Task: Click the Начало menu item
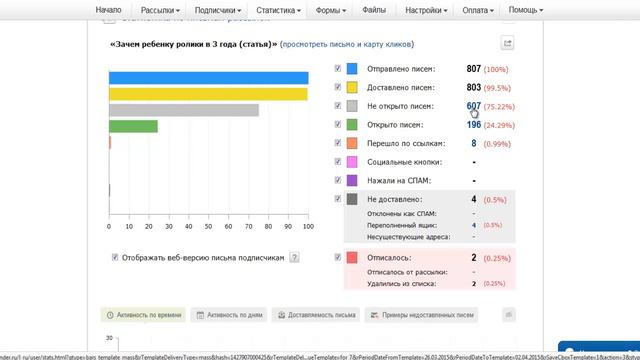point(108,10)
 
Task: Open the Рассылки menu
point(162,10)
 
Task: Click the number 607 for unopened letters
point(473,106)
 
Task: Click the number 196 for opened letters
point(473,125)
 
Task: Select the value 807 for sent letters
point(473,68)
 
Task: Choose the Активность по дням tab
point(231,315)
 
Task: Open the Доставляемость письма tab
point(318,315)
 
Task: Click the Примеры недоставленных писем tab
point(423,315)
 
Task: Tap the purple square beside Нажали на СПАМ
point(352,181)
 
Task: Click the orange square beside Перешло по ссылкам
point(352,144)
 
